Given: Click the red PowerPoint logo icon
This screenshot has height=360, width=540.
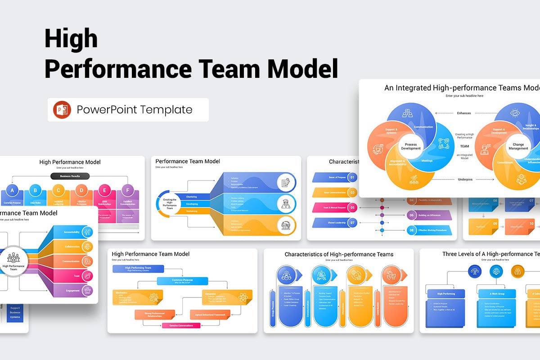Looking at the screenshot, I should [62, 110].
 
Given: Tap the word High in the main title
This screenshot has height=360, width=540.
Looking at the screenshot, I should [71, 39].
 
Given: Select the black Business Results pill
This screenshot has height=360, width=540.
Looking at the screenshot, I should [70, 176].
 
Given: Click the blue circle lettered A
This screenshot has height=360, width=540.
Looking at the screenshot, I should [12, 190].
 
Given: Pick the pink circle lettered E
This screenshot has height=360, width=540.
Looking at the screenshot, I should [104, 190].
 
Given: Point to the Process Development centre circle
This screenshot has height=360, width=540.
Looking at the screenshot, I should [411, 146].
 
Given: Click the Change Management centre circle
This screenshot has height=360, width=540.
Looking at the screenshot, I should [518, 146].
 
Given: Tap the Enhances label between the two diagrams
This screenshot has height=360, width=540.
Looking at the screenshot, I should [463, 113].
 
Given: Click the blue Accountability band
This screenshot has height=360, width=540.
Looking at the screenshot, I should [72, 232].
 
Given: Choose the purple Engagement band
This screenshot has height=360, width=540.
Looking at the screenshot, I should [72, 291].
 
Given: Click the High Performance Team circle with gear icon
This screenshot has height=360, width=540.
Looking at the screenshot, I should [13, 260].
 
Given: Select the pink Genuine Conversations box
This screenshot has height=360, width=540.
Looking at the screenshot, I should [181, 325].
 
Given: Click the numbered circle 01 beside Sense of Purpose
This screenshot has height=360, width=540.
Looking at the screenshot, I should [352, 177].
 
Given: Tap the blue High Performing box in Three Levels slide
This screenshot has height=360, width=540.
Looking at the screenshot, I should [446, 294].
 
